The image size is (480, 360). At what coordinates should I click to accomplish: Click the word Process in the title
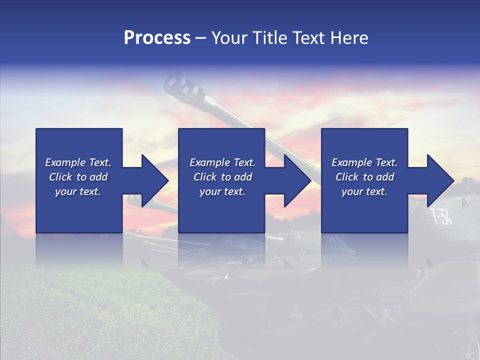pos(157,38)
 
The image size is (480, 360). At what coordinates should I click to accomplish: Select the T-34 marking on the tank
pos(441,216)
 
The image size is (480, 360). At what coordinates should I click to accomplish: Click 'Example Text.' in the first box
pos(78,162)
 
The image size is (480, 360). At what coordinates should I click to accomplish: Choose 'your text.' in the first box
pos(78,191)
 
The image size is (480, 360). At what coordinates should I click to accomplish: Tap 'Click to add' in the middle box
pos(222,177)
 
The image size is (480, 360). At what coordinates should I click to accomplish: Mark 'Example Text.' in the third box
pos(364,162)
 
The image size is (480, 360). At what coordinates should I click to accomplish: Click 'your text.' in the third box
pos(364,191)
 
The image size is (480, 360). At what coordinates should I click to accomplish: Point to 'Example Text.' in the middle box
pos(222,162)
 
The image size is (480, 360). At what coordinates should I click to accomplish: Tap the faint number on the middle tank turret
pos(333,239)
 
